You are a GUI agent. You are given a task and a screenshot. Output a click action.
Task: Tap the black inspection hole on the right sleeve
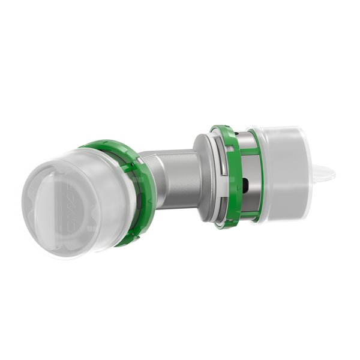[x=246, y=183]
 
